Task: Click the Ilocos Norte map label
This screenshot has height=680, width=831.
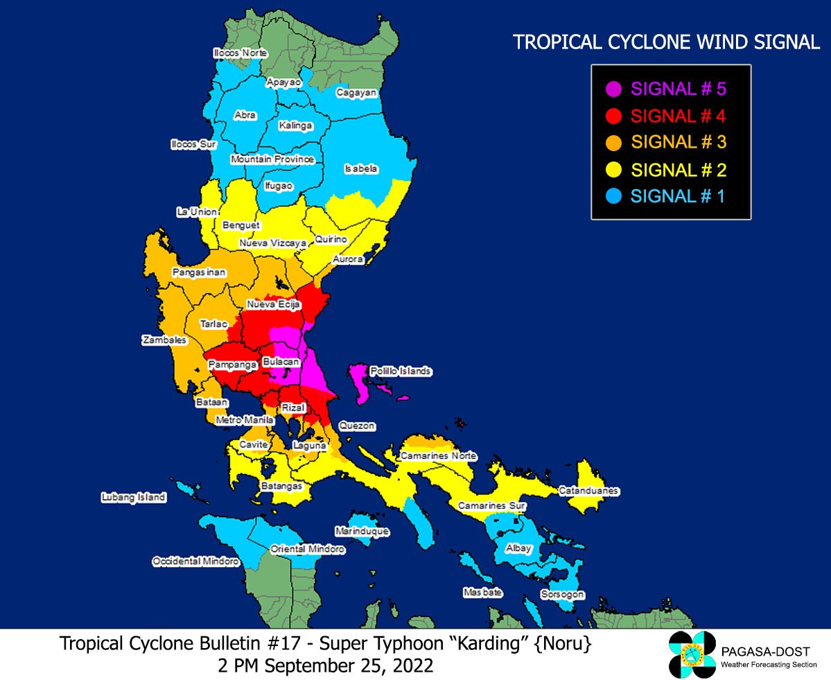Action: (240, 53)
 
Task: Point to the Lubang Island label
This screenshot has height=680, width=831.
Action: (133, 497)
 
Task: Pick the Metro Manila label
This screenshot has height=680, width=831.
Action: (245, 420)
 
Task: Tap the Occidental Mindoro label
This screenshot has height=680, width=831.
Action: (195, 561)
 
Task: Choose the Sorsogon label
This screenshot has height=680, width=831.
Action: (563, 595)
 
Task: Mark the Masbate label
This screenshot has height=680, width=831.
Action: (482, 593)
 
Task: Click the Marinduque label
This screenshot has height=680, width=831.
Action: (362, 532)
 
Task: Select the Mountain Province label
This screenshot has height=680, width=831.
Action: (272, 159)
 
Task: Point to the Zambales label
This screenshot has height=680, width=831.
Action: (164, 340)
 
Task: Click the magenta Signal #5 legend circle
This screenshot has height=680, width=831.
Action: (613, 89)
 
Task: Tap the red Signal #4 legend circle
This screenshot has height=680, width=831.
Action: (613, 115)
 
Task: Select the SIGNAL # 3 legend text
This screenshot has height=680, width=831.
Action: (679, 142)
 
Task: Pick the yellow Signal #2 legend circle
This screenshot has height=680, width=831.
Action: (613, 170)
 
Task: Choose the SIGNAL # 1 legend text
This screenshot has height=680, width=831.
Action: (677, 196)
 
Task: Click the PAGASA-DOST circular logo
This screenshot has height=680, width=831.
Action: (691, 655)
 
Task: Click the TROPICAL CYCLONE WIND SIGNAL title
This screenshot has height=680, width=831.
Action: (665, 42)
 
